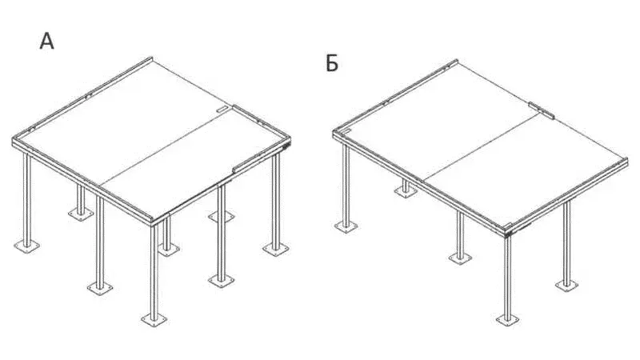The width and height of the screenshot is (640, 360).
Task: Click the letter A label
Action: click(x=47, y=42)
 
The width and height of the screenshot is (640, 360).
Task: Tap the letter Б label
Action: click(x=332, y=63)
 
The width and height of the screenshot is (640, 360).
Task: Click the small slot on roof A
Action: click(x=222, y=110)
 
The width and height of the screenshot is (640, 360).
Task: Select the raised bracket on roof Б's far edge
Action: click(x=542, y=110)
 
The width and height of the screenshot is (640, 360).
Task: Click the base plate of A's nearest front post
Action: click(x=154, y=319)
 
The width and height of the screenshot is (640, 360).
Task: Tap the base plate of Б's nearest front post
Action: click(x=508, y=319)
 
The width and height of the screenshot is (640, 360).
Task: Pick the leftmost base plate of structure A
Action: click(x=27, y=246)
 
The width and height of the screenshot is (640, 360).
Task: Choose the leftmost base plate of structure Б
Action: click(x=346, y=226)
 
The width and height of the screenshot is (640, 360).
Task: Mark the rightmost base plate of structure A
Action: click(x=276, y=249)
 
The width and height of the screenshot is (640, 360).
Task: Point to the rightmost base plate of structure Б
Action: click(x=566, y=285)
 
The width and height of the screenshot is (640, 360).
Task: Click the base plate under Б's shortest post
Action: click(x=406, y=191)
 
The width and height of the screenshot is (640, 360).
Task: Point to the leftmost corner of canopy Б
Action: click(x=334, y=133)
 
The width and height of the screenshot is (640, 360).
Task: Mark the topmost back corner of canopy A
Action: click(x=151, y=58)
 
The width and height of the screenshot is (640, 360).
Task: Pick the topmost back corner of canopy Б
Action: click(x=457, y=61)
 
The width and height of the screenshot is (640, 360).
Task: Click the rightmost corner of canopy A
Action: click(x=290, y=140)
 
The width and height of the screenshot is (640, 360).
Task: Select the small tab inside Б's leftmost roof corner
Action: click(x=346, y=131)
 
